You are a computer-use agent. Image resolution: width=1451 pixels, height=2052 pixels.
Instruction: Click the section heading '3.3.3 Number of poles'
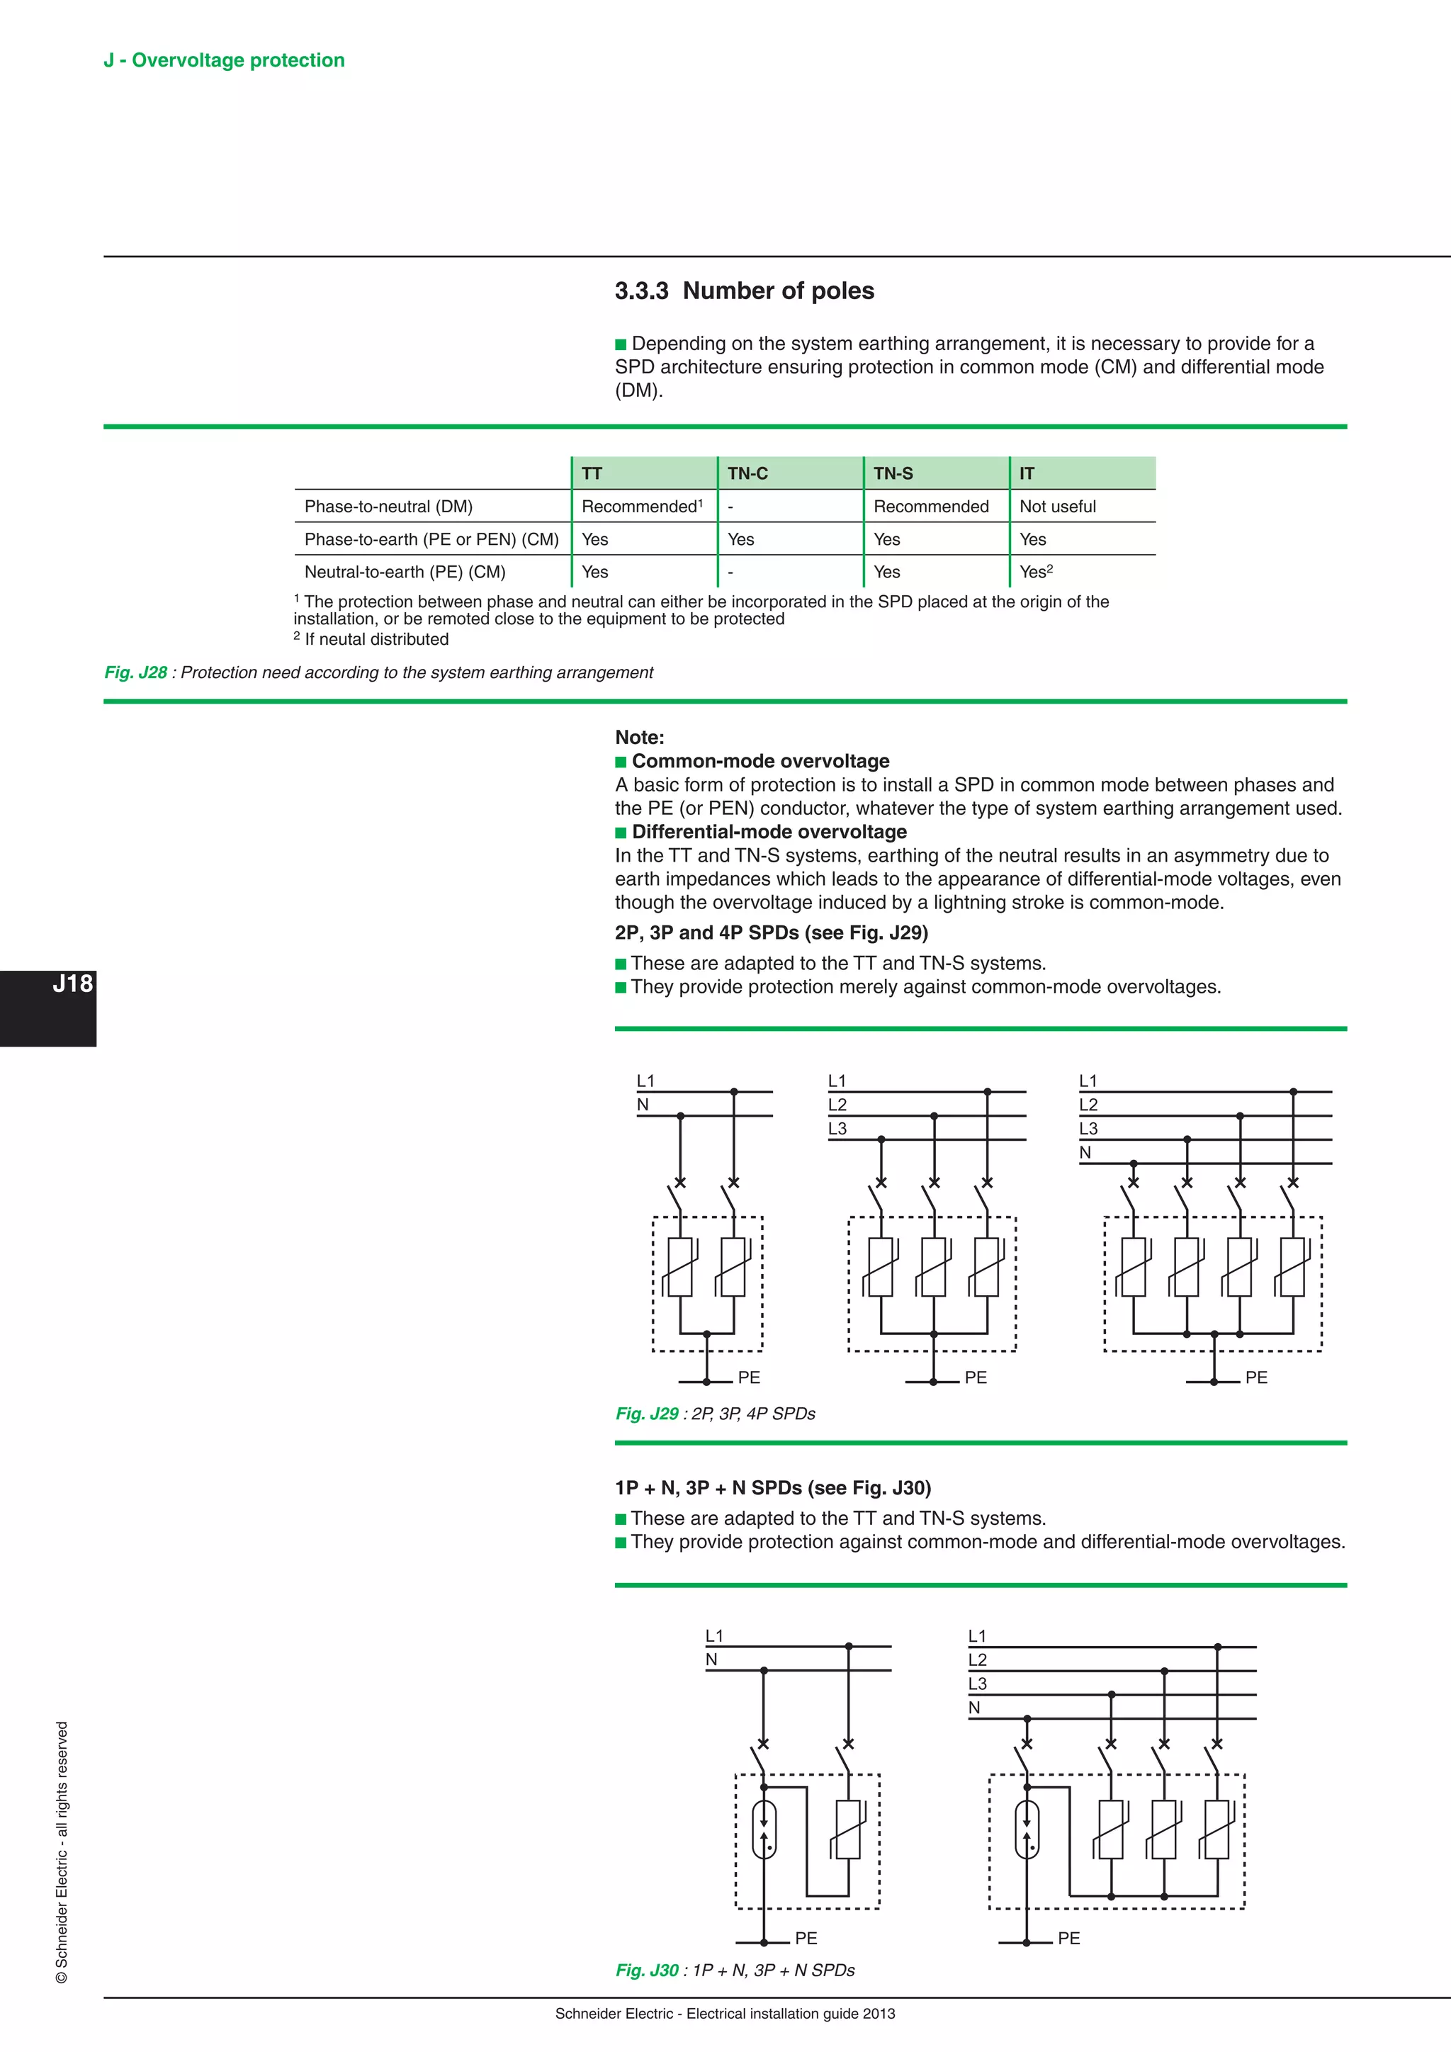743,291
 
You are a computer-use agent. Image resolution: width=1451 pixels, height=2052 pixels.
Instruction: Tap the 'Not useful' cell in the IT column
1057,507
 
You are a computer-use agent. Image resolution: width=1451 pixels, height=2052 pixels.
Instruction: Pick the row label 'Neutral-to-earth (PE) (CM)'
405,572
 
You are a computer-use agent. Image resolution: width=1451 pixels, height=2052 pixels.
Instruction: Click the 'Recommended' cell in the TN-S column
930,507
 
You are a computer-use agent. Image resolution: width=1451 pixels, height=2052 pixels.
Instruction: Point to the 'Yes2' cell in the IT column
1036,572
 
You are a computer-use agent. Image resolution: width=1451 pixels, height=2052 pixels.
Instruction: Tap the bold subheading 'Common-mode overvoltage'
760,762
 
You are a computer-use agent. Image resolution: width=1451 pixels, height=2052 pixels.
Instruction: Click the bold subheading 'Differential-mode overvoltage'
769,832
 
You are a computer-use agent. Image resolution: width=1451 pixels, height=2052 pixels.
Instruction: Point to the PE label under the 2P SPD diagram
749,1377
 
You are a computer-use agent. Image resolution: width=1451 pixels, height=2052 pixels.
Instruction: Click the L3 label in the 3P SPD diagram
837,1129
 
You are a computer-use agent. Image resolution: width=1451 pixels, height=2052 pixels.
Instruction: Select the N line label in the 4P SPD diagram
1085,1153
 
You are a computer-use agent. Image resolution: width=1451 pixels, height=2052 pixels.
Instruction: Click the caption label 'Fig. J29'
647,1414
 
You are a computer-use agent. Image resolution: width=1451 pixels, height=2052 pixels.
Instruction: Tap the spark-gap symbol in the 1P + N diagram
764,1829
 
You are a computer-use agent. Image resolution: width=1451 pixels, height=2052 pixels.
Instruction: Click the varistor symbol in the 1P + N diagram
847,1829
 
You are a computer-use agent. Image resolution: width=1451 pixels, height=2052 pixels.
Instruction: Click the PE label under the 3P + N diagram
1068,1939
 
